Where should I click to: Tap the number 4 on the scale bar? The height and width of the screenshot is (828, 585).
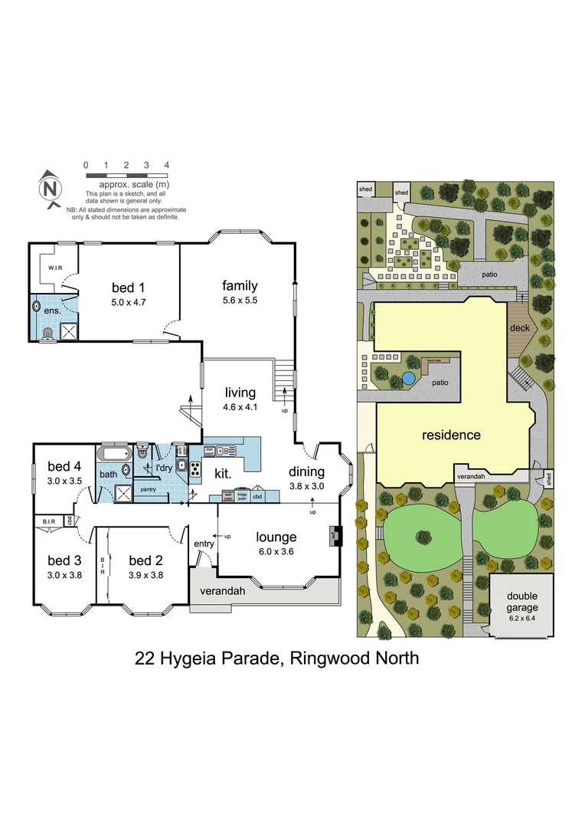click(166, 165)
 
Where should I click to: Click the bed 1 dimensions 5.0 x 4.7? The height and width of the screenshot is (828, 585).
click(123, 303)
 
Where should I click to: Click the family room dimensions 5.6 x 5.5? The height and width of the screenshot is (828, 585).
click(240, 301)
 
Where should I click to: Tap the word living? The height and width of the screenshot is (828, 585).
click(240, 393)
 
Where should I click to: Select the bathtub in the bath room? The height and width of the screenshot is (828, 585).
click(116, 453)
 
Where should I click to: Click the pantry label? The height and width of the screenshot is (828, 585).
click(149, 488)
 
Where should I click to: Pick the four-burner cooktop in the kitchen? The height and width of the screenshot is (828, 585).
click(195, 470)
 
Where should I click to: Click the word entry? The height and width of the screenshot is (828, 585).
click(204, 544)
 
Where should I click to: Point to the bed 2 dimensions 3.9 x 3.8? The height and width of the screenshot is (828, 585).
click(145, 574)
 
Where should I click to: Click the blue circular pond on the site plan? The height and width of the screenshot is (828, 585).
click(409, 378)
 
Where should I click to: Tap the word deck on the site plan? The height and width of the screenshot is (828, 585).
click(519, 328)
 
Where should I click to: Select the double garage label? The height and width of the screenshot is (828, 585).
click(521, 601)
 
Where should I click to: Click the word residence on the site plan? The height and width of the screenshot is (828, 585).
click(451, 435)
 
